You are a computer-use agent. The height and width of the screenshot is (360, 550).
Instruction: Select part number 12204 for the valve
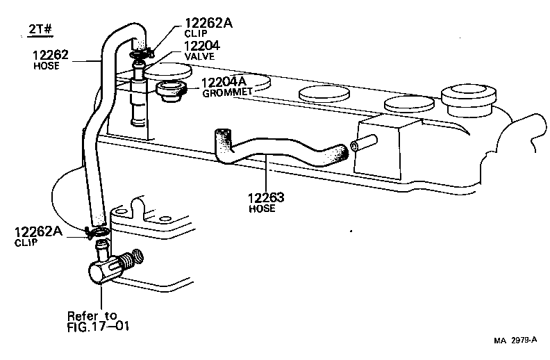click(x=203, y=47)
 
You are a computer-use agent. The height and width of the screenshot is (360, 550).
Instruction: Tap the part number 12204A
click(x=224, y=83)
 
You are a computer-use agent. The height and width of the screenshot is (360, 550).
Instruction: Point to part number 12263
click(x=265, y=197)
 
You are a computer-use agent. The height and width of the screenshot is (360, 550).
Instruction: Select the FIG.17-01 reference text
click(x=98, y=325)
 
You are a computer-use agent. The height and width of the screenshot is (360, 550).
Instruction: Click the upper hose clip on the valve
click(x=140, y=51)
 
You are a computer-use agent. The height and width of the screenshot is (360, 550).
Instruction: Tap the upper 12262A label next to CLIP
click(x=208, y=24)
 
